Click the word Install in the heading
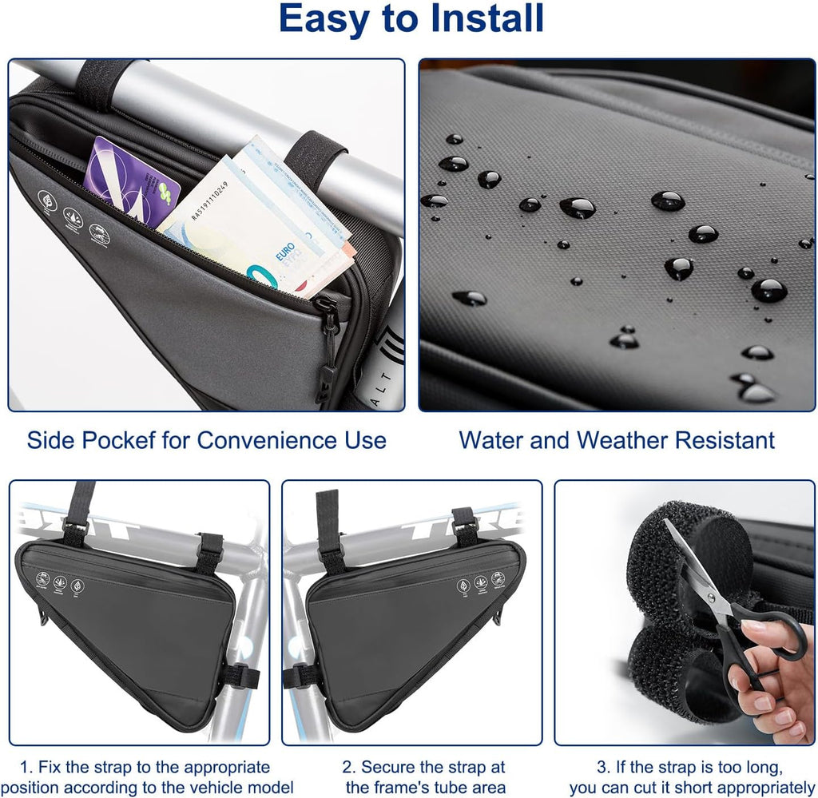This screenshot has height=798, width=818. click(486, 18)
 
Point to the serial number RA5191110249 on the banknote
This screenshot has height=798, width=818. click(210, 200)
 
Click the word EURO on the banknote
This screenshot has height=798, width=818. click(286, 252)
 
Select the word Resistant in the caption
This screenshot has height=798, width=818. click(725, 440)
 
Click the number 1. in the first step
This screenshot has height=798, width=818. click(26, 767)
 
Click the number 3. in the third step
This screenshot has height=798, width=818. click(604, 767)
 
